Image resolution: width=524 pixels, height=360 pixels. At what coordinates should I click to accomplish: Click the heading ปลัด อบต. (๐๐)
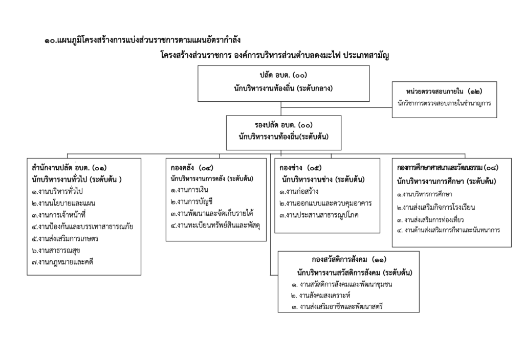point(283,76)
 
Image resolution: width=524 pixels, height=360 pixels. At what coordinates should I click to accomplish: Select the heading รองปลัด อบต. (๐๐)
point(283,125)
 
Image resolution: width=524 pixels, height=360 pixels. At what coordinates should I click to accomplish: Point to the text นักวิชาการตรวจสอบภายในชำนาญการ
point(444,103)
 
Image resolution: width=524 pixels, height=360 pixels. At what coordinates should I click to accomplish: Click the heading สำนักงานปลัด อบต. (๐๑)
point(69,168)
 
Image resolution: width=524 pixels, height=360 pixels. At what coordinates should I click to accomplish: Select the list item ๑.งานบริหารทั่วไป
point(57,191)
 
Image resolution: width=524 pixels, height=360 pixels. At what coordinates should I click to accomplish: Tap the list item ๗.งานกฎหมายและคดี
point(62,262)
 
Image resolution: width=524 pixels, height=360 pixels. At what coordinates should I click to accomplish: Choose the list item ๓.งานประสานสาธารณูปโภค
point(319,215)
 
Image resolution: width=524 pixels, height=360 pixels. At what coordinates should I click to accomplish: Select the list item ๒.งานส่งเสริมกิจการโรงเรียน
point(436,208)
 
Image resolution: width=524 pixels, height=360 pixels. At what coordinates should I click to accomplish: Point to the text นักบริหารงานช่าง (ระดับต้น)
point(323,179)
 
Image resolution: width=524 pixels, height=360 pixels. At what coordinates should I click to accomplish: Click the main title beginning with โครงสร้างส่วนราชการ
point(274,55)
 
